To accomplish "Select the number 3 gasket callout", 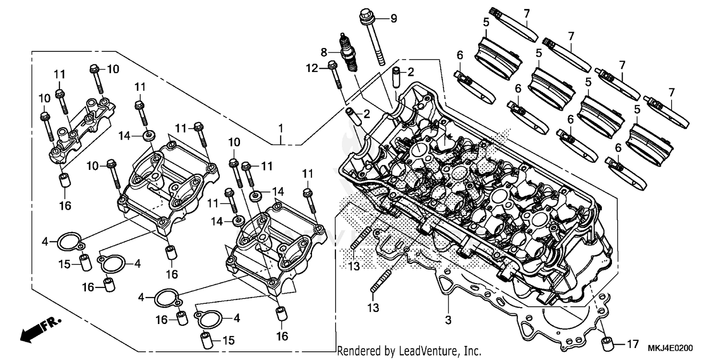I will (448, 319).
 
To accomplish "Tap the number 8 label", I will (324, 51).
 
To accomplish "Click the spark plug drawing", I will (348, 53).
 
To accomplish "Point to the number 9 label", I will (394, 19).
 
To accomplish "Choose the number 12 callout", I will (312, 69).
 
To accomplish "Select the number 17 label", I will (633, 344).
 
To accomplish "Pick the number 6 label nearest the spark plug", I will (460, 55).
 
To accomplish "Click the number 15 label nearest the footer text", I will (228, 341).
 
